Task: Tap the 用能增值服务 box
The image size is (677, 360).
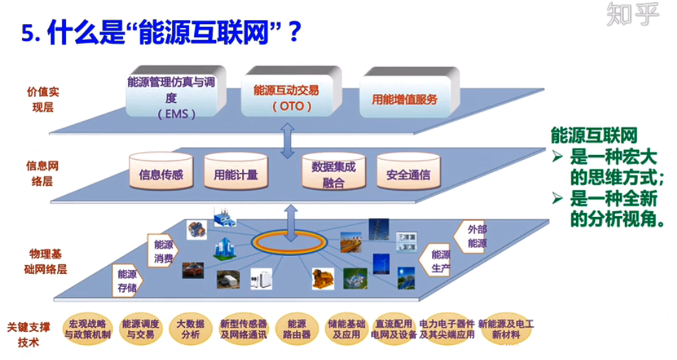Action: click(405, 99)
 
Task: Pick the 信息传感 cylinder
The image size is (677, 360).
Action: click(160, 174)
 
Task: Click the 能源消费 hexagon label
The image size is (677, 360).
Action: click(163, 251)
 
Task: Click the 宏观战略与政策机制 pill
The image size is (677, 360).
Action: click(87, 329)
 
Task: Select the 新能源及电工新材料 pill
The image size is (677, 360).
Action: click(506, 329)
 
